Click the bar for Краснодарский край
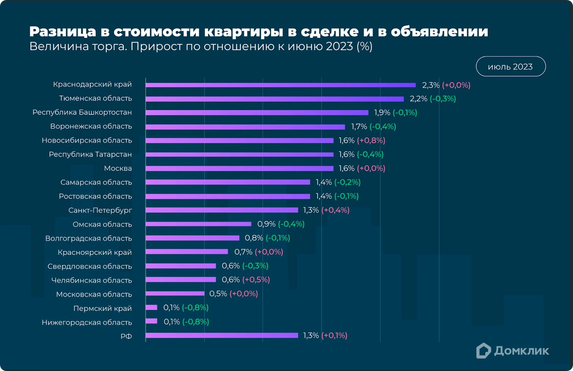280,85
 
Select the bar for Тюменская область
274,99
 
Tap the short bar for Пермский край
152,308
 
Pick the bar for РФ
222,335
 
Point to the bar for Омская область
198,224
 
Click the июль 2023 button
510,66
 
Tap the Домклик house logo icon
483,351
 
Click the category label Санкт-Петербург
100,210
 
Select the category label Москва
118,168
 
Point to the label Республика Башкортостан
82,112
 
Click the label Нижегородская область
87,322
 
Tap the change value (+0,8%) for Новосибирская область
371,141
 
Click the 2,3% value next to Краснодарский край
431,85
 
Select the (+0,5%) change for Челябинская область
256,280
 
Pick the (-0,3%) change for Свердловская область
255,266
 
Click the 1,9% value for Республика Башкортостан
382,112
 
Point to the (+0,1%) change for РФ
334,335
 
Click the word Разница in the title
62,32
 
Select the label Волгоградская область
88,239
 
